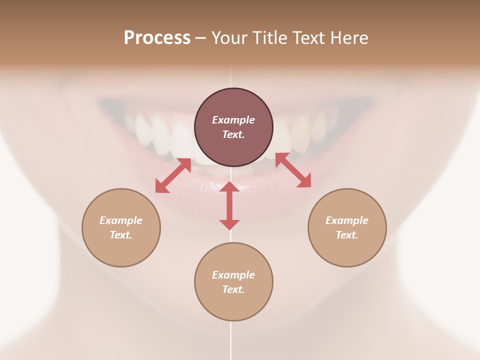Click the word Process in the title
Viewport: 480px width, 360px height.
(x=157, y=38)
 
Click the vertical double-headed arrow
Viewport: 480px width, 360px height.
(x=229, y=205)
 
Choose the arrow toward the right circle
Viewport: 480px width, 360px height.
(x=293, y=170)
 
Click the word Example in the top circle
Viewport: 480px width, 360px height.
(x=233, y=120)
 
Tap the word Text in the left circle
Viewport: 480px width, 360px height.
(x=121, y=235)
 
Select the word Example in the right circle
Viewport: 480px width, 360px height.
(x=347, y=220)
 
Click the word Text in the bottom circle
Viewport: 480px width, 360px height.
(x=233, y=289)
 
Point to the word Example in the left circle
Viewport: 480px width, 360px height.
(x=121, y=220)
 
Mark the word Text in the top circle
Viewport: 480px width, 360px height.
(x=233, y=134)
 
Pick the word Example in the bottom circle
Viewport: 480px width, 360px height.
(x=233, y=275)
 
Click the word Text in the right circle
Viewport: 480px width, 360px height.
(x=347, y=235)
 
